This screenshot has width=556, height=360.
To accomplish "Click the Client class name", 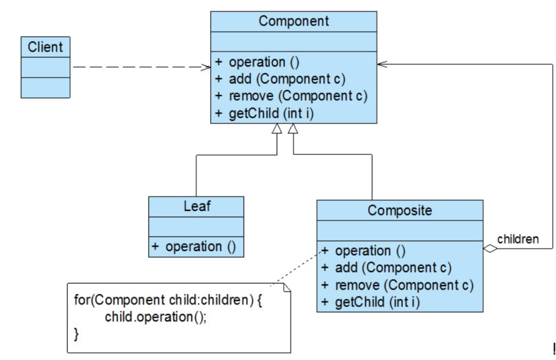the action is click(45, 47).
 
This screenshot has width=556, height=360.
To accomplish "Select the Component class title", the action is click(294, 21).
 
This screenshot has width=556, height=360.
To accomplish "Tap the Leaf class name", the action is click(197, 206).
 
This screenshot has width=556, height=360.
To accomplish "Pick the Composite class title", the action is click(400, 210).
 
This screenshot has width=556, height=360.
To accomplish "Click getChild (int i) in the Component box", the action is click(271, 113).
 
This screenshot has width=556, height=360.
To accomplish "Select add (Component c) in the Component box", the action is click(287, 79).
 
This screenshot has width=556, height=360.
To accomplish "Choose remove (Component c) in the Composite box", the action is click(404, 285).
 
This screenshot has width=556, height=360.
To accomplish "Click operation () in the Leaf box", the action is click(201, 247).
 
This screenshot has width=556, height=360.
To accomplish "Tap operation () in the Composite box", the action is click(370, 251).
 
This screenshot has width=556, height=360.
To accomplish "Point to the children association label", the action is click(518, 239).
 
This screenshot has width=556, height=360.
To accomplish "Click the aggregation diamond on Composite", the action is click(490, 248).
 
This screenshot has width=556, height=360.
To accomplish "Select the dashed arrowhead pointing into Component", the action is click(206, 67).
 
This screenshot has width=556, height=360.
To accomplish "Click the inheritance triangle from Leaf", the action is click(277, 129).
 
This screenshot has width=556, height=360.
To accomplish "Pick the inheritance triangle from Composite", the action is click(293, 129).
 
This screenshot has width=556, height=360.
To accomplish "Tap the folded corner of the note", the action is click(287, 287).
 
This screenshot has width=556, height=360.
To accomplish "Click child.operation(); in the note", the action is click(155, 317).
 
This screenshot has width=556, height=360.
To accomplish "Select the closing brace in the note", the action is click(76, 334).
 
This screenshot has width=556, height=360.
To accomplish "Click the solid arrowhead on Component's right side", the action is click(382, 64).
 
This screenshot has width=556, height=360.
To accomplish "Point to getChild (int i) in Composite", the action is click(377, 302).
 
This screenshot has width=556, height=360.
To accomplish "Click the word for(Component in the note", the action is click(119, 300).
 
